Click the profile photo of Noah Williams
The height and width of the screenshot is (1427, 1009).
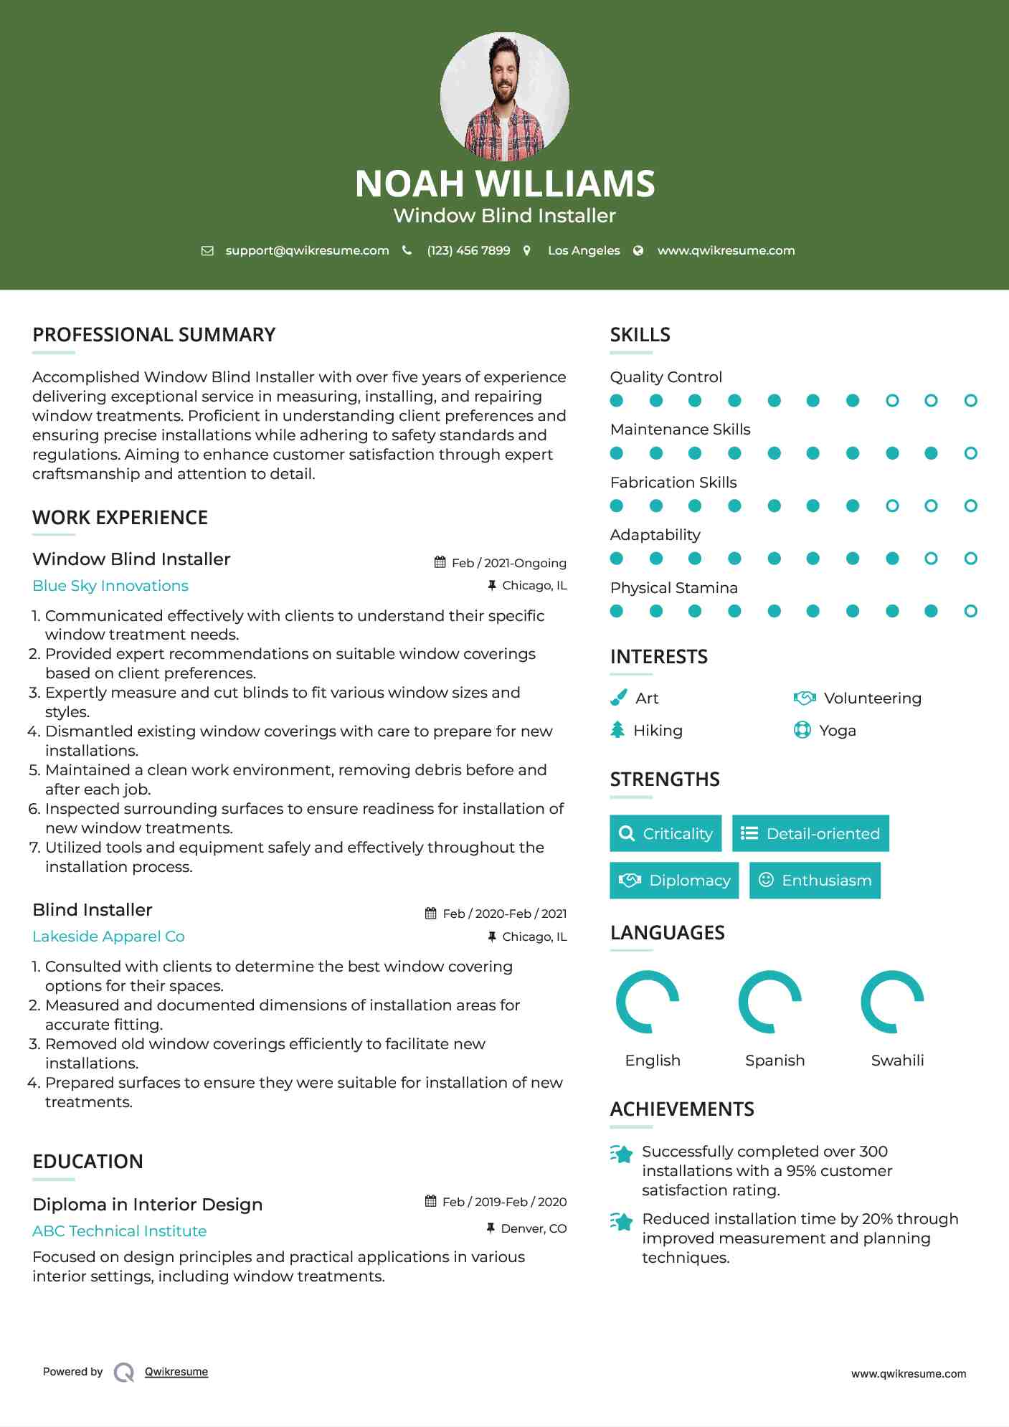point(504,96)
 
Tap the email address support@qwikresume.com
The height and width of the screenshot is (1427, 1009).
point(307,250)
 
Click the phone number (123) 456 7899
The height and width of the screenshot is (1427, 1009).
point(468,250)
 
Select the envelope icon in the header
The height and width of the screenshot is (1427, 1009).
point(207,250)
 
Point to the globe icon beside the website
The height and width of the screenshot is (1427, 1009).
point(638,250)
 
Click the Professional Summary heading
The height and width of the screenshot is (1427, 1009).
point(153,335)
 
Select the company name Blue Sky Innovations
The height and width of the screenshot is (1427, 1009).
point(110,586)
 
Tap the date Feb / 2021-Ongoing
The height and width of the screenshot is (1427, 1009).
point(508,563)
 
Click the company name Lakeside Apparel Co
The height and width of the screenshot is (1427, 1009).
point(108,937)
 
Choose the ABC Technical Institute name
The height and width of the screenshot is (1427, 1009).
point(119,1231)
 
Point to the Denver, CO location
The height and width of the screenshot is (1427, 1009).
point(534,1228)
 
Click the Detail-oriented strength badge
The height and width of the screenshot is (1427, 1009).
point(810,833)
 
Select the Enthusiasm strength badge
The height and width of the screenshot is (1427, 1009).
point(815,881)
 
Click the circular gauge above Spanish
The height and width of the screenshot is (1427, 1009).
point(770,1002)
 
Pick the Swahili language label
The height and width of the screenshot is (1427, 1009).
point(897,1061)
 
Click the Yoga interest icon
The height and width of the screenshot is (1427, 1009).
point(802,730)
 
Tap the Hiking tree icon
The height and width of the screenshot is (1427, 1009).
point(617,730)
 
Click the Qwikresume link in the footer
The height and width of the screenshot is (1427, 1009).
point(176,1372)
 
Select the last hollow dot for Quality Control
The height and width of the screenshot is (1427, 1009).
point(970,401)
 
